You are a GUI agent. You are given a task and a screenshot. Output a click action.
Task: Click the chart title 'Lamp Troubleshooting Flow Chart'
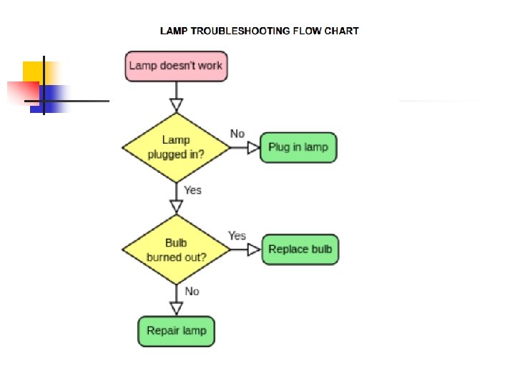pyautogui.click(x=259, y=31)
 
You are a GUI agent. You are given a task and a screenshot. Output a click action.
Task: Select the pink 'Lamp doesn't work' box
pyautogui.click(x=175, y=66)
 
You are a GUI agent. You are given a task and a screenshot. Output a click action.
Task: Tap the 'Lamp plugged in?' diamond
pyautogui.click(x=176, y=147)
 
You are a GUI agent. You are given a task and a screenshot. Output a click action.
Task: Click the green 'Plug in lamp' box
pyautogui.click(x=298, y=147)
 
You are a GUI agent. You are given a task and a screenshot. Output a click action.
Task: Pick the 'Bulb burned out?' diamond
pyautogui.click(x=176, y=249)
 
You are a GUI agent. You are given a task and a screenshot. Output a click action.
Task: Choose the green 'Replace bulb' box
pyautogui.click(x=300, y=249)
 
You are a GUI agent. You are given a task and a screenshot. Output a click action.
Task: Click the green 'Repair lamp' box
pyautogui.click(x=176, y=331)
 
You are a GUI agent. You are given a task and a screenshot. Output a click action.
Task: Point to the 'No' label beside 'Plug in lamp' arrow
pyautogui.click(x=237, y=134)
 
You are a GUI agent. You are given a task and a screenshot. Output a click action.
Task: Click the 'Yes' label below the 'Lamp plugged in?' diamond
pyautogui.click(x=192, y=190)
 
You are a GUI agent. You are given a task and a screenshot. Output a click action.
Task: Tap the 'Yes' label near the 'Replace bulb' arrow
pyautogui.click(x=237, y=235)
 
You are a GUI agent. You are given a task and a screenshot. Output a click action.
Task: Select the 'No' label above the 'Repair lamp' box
pyautogui.click(x=192, y=292)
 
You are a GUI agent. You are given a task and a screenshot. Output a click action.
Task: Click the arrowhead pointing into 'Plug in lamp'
pyautogui.click(x=253, y=147)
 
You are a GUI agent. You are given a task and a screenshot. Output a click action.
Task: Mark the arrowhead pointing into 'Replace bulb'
pyautogui.click(x=254, y=249)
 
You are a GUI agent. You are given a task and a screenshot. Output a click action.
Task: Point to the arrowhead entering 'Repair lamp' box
pyautogui.click(x=176, y=308)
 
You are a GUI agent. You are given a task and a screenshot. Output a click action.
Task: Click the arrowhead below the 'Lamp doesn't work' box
pyautogui.click(x=176, y=105)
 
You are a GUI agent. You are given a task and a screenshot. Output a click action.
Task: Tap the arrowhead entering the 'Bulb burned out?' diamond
pyautogui.click(x=176, y=206)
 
